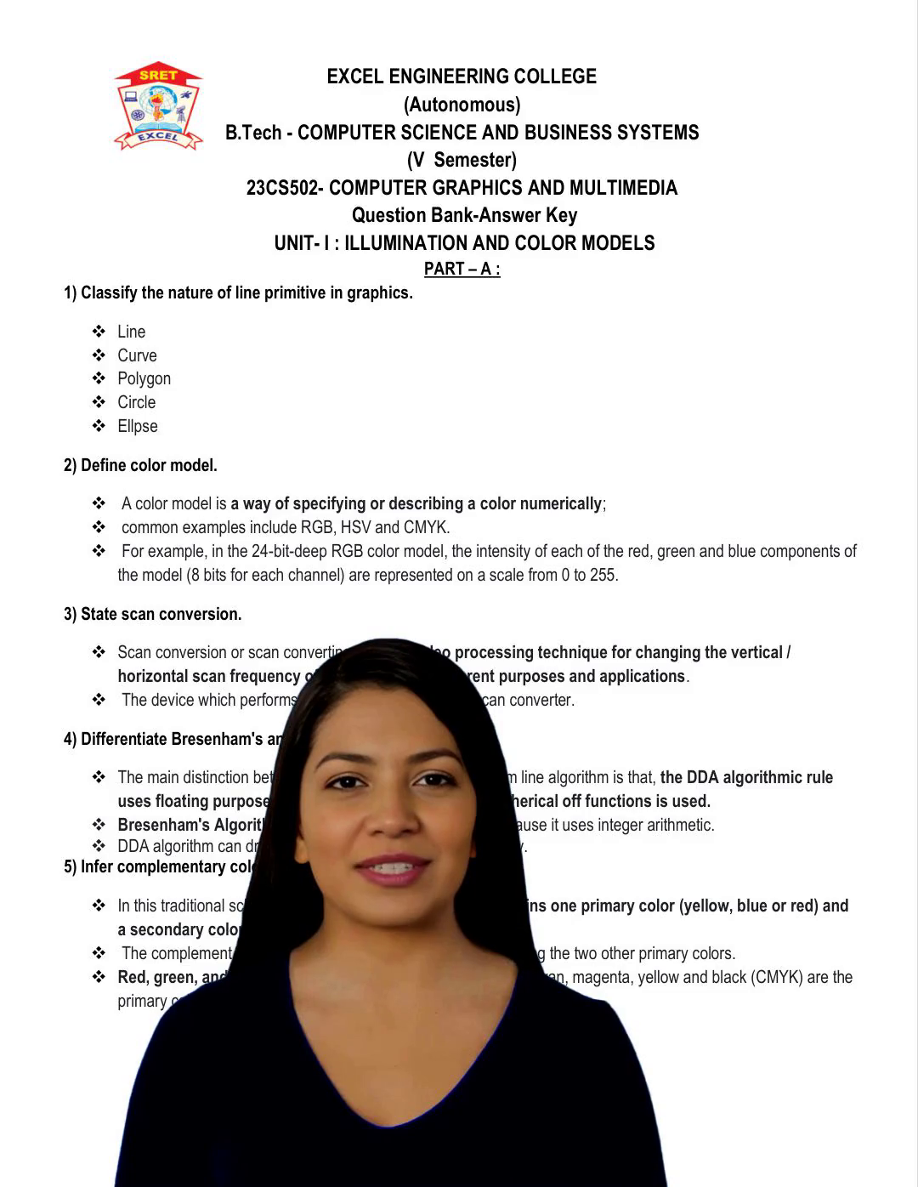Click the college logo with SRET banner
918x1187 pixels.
click(158, 106)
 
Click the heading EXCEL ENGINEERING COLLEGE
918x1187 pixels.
click(462, 77)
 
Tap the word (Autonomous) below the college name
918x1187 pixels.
click(462, 105)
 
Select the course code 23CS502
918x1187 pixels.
click(281, 188)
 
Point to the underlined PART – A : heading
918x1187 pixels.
click(462, 269)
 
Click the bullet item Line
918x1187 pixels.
click(132, 332)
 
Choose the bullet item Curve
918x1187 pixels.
click(137, 355)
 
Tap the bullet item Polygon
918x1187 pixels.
click(144, 378)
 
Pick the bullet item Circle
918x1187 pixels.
click(136, 402)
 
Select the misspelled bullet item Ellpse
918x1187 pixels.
click(138, 426)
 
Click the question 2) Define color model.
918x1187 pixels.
click(140, 465)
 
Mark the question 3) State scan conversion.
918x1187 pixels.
click(153, 614)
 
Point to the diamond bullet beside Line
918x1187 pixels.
click(99, 332)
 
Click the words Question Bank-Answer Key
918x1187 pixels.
click(464, 215)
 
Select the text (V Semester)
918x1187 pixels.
click(462, 160)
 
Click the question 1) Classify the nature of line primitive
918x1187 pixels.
click(238, 293)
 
